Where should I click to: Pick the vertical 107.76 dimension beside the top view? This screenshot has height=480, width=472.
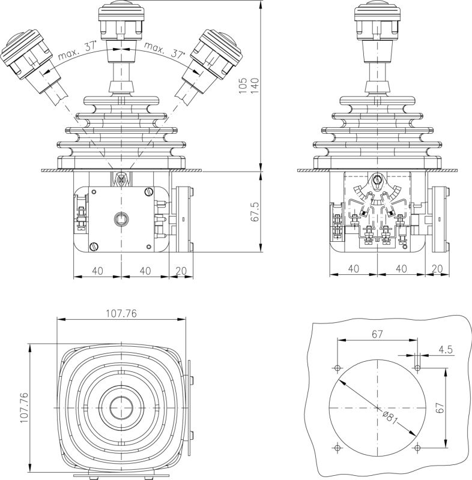(23, 407)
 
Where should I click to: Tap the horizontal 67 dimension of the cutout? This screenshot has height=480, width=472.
(377, 335)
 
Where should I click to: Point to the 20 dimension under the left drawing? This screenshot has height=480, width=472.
(181, 271)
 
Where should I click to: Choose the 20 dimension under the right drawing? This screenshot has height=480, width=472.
(437, 269)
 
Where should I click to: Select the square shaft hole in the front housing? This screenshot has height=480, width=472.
(121, 219)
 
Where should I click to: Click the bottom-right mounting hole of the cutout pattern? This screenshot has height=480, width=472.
(417, 446)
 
